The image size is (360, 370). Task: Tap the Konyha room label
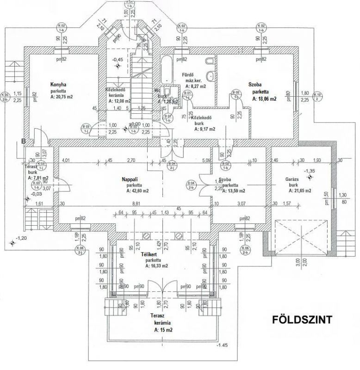pos(59,85)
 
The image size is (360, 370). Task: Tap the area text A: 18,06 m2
pos(264,99)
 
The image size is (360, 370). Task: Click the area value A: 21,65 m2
pos(299,190)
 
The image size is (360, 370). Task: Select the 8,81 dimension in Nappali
pos(136,203)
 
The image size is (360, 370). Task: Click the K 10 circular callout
pos(319,96)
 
